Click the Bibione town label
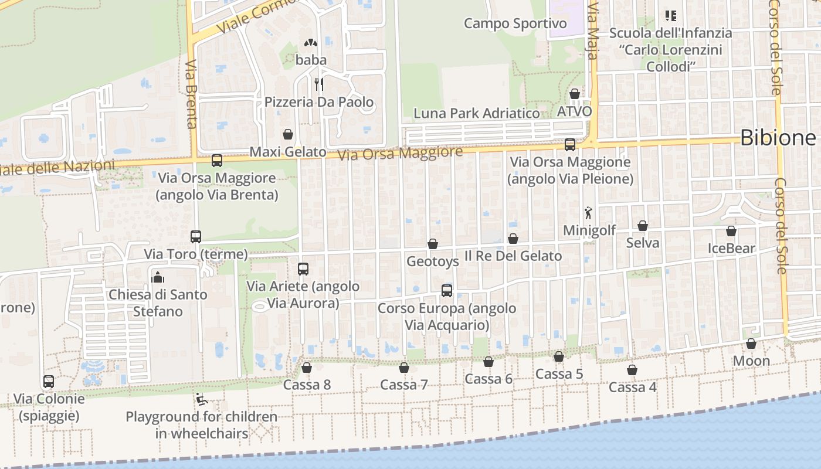click(778, 138)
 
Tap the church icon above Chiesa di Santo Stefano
click(157, 277)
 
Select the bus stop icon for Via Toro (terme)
click(196, 237)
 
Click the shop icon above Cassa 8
click(306, 368)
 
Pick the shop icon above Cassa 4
click(632, 370)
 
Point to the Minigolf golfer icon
click(588, 213)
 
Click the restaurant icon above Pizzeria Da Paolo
click(319, 84)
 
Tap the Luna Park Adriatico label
click(476, 113)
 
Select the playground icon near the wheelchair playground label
click(201, 399)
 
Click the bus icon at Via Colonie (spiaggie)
click(49, 382)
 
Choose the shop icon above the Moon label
click(751, 344)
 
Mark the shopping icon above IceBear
click(731, 231)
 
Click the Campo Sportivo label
click(515, 23)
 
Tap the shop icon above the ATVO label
click(575, 94)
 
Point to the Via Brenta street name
click(191, 94)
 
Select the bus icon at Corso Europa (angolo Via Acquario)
click(447, 290)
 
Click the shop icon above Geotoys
click(433, 244)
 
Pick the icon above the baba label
click(310, 43)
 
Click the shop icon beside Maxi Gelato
click(288, 134)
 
